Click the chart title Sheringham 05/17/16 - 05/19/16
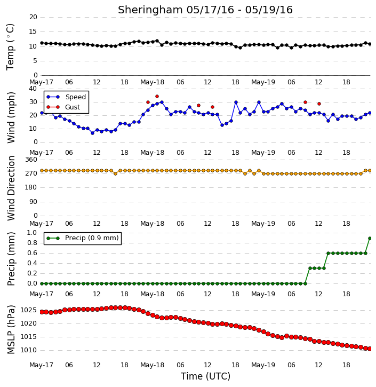click(x=205, y=10)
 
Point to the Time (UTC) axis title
click(x=205, y=376)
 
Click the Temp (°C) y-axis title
click(x=10, y=47)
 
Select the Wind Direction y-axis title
click(x=11, y=188)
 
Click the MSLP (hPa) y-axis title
click(x=11, y=329)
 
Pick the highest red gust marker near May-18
click(x=157, y=96)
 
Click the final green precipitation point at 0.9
click(x=370, y=238)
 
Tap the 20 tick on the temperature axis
click(x=33, y=17)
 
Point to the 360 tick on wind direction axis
click(x=31, y=160)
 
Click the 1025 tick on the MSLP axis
click(x=29, y=310)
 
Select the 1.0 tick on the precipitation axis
click(x=33, y=233)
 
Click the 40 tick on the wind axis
click(x=33, y=89)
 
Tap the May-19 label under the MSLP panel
click(x=263, y=365)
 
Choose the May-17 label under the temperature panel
click(x=41, y=82)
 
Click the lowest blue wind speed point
click(x=92, y=133)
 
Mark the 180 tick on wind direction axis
click(x=31, y=187)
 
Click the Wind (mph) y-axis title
click(x=11, y=117)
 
